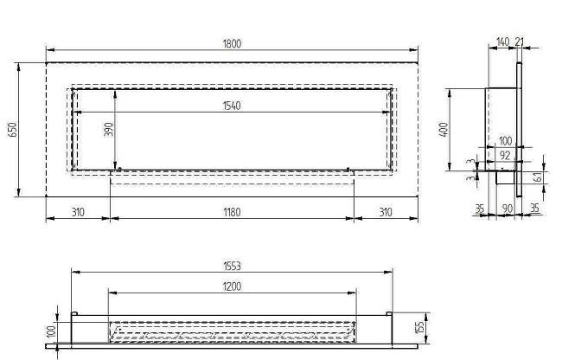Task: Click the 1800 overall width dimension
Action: (x=231, y=43)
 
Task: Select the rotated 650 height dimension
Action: (x=12, y=130)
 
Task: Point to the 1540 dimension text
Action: (x=231, y=106)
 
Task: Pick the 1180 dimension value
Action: (x=231, y=211)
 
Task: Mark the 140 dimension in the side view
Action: (x=503, y=42)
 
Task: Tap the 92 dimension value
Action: (x=505, y=155)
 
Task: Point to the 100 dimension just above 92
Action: (x=505, y=140)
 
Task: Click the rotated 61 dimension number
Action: (x=539, y=177)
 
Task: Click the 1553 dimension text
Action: (x=231, y=265)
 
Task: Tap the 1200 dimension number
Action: (x=231, y=286)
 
